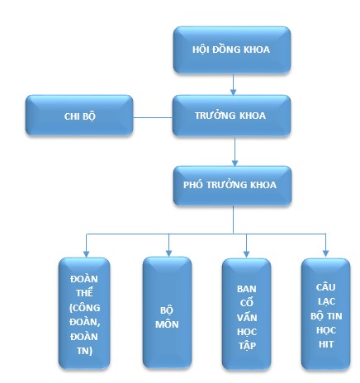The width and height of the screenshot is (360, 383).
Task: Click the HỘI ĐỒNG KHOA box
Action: (231, 50)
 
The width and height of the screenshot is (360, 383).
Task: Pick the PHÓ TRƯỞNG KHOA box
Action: (231, 187)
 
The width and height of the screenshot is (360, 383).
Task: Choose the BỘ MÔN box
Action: (168, 311)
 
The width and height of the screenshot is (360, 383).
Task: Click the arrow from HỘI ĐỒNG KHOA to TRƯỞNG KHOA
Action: (234, 83)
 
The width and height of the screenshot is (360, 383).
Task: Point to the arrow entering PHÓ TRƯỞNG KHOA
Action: (234, 153)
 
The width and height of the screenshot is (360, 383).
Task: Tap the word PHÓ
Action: (193, 187)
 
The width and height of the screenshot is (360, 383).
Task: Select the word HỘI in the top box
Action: (203, 49)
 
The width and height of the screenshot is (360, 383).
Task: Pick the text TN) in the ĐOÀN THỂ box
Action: (86, 352)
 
